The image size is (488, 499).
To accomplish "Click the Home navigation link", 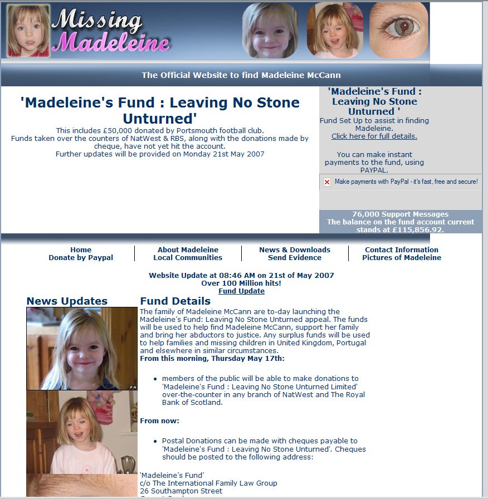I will (x=81, y=250).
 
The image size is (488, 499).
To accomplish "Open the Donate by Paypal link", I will (x=81, y=258).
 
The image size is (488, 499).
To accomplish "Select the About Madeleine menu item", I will (x=188, y=250).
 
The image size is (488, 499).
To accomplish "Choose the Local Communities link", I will (x=188, y=258).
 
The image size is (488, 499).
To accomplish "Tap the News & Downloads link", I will (x=295, y=250).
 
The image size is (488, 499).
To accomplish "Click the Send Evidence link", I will (x=295, y=258).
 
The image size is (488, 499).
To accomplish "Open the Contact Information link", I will (x=402, y=250).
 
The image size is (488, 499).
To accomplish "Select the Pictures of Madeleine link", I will (x=402, y=258).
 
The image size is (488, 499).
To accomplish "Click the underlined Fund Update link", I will (x=241, y=291).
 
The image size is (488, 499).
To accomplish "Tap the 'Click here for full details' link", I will (x=374, y=136).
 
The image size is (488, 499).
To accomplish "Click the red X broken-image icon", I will (x=327, y=182).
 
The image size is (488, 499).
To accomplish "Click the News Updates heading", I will (x=67, y=301).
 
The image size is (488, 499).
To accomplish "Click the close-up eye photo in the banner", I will (x=399, y=31).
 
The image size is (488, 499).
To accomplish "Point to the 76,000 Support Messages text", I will (x=400, y=214).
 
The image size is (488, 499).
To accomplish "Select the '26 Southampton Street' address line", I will (x=181, y=491).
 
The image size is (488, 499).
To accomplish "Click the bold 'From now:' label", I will (x=159, y=421).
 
